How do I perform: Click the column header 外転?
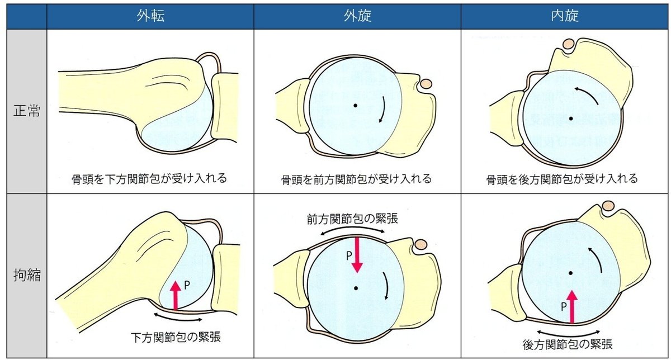click(150, 16)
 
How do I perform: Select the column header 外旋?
click(357, 16)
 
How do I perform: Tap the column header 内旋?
click(565, 16)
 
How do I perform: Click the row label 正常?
click(27, 111)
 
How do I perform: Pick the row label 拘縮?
click(27, 275)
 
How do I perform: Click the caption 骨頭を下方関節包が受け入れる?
click(149, 179)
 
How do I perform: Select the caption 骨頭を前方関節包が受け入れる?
click(357, 179)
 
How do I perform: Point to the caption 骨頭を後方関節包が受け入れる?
click(562, 179)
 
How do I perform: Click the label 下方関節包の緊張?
click(176, 338)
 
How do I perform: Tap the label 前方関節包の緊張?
click(352, 219)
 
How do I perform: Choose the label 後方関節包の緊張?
click(568, 344)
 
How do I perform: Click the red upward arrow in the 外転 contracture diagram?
click(176, 295)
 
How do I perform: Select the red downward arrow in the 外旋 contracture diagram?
click(357, 255)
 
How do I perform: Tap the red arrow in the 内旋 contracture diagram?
click(572, 307)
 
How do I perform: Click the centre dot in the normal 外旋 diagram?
click(355, 106)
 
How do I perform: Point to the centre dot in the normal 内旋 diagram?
click(571, 119)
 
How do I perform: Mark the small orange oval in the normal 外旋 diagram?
click(426, 83)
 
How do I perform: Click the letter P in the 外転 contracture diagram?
click(187, 285)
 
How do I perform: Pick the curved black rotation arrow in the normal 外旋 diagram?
click(384, 110)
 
